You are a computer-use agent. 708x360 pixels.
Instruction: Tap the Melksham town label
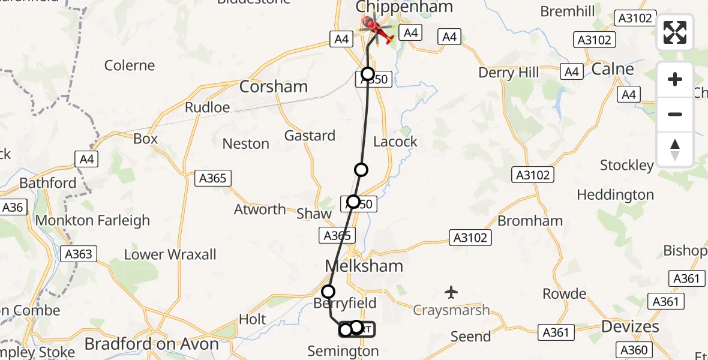pyautogui.click(x=364, y=266)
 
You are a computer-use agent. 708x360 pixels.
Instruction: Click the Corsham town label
pyautogui.click(x=273, y=86)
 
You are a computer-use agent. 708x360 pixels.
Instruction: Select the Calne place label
pyautogui.click(x=613, y=69)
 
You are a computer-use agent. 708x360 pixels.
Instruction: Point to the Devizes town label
pyautogui.click(x=629, y=327)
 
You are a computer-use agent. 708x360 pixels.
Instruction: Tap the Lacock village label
pyautogui.click(x=395, y=142)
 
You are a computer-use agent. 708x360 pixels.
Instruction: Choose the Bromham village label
pyautogui.click(x=530, y=221)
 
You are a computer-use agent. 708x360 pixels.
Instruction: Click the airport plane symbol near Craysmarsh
pyautogui.click(x=451, y=292)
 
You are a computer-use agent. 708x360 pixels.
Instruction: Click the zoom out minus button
pyautogui.click(x=675, y=114)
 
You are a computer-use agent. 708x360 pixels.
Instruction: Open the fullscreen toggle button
pyautogui.click(x=675, y=32)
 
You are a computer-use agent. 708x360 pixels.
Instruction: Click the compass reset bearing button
pyautogui.click(x=675, y=149)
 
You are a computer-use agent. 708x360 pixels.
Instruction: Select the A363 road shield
pyautogui.click(x=78, y=254)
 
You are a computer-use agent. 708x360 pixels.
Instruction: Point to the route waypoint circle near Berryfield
pyautogui.click(x=328, y=292)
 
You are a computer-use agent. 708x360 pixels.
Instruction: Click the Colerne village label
pyautogui.click(x=130, y=65)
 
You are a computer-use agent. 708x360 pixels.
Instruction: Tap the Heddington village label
pyautogui.click(x=615, y=195)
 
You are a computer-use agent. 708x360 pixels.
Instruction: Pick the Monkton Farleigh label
pyautogui.click(x=92, y=220)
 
